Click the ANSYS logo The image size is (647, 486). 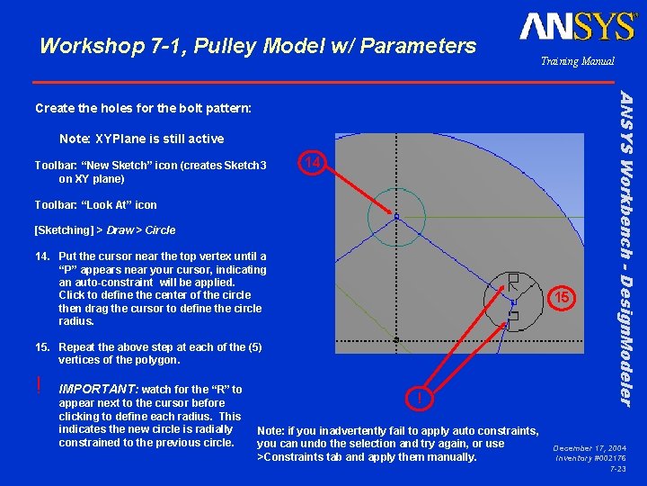tap(578, 26)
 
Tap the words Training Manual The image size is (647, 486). tap(577, 61)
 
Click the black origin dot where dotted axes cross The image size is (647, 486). tap(396, 340)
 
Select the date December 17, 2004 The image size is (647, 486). tap(589, 447)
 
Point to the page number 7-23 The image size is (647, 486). tap(617, 469)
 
